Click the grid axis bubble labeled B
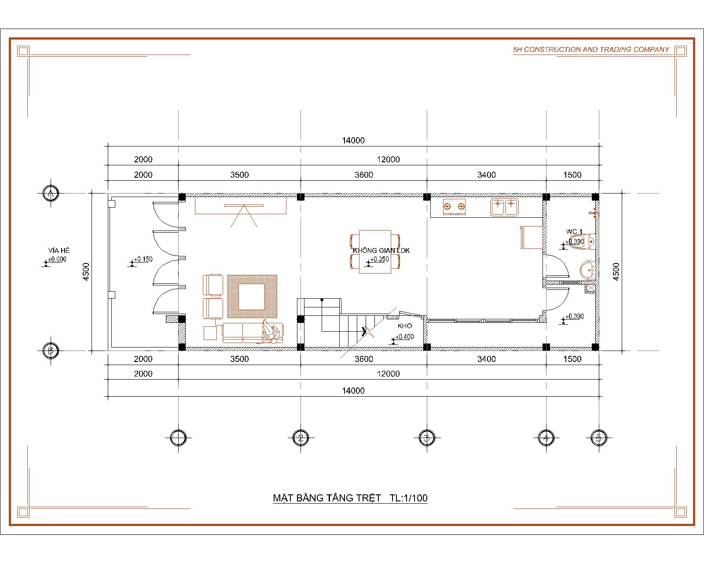click(x=51, y=351)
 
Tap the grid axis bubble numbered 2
click(x=301, y=438)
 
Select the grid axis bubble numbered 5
click(x=599, y=438)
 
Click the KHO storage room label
click(x=405, y=326)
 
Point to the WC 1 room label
click(x=574, y=232)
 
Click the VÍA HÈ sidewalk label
click(x=59, y=251)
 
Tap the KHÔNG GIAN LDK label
click(x=381, y=251)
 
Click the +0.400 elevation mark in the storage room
click(x=403, y=339)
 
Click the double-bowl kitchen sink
click(x=504, y=208)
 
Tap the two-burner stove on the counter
click(x=454, y=207)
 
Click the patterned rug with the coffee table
click(x=252, y=296)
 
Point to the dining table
click(x=375, y=252)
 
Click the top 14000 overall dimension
click(x=353, y=141)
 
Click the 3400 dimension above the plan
click(x=487, y=175)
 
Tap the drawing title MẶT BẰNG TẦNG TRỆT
click(x=327, y=498)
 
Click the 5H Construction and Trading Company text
click(x=591, y=50)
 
